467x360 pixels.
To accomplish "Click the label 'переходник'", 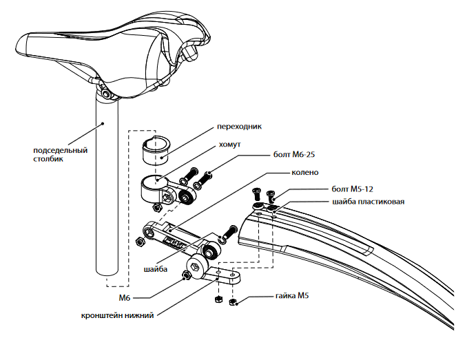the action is [239, 127].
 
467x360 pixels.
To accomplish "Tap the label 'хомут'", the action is [229, 145].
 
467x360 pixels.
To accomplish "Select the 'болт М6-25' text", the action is [294, 155].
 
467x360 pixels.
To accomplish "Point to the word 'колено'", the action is [305, 173].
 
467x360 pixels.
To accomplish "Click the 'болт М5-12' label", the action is [353, 189].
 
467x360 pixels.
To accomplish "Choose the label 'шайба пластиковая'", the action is [369, 202].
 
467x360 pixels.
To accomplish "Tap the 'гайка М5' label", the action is [292, 296].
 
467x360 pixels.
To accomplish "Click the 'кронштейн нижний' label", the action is [117, 315].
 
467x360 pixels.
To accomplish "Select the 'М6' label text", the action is [125, 298].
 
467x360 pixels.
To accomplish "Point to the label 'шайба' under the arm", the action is [156, 270].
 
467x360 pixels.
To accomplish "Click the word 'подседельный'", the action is [60, 151].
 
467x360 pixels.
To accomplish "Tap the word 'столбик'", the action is [48, 159].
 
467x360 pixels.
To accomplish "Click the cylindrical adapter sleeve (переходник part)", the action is [155, 149].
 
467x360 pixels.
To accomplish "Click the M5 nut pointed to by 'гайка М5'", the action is [233, 302].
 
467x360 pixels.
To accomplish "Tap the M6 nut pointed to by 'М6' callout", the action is [187, 275].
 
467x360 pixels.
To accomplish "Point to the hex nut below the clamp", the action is [156, 208].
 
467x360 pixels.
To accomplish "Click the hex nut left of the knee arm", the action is [140, 242].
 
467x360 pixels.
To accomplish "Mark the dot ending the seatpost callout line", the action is [103, 123].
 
